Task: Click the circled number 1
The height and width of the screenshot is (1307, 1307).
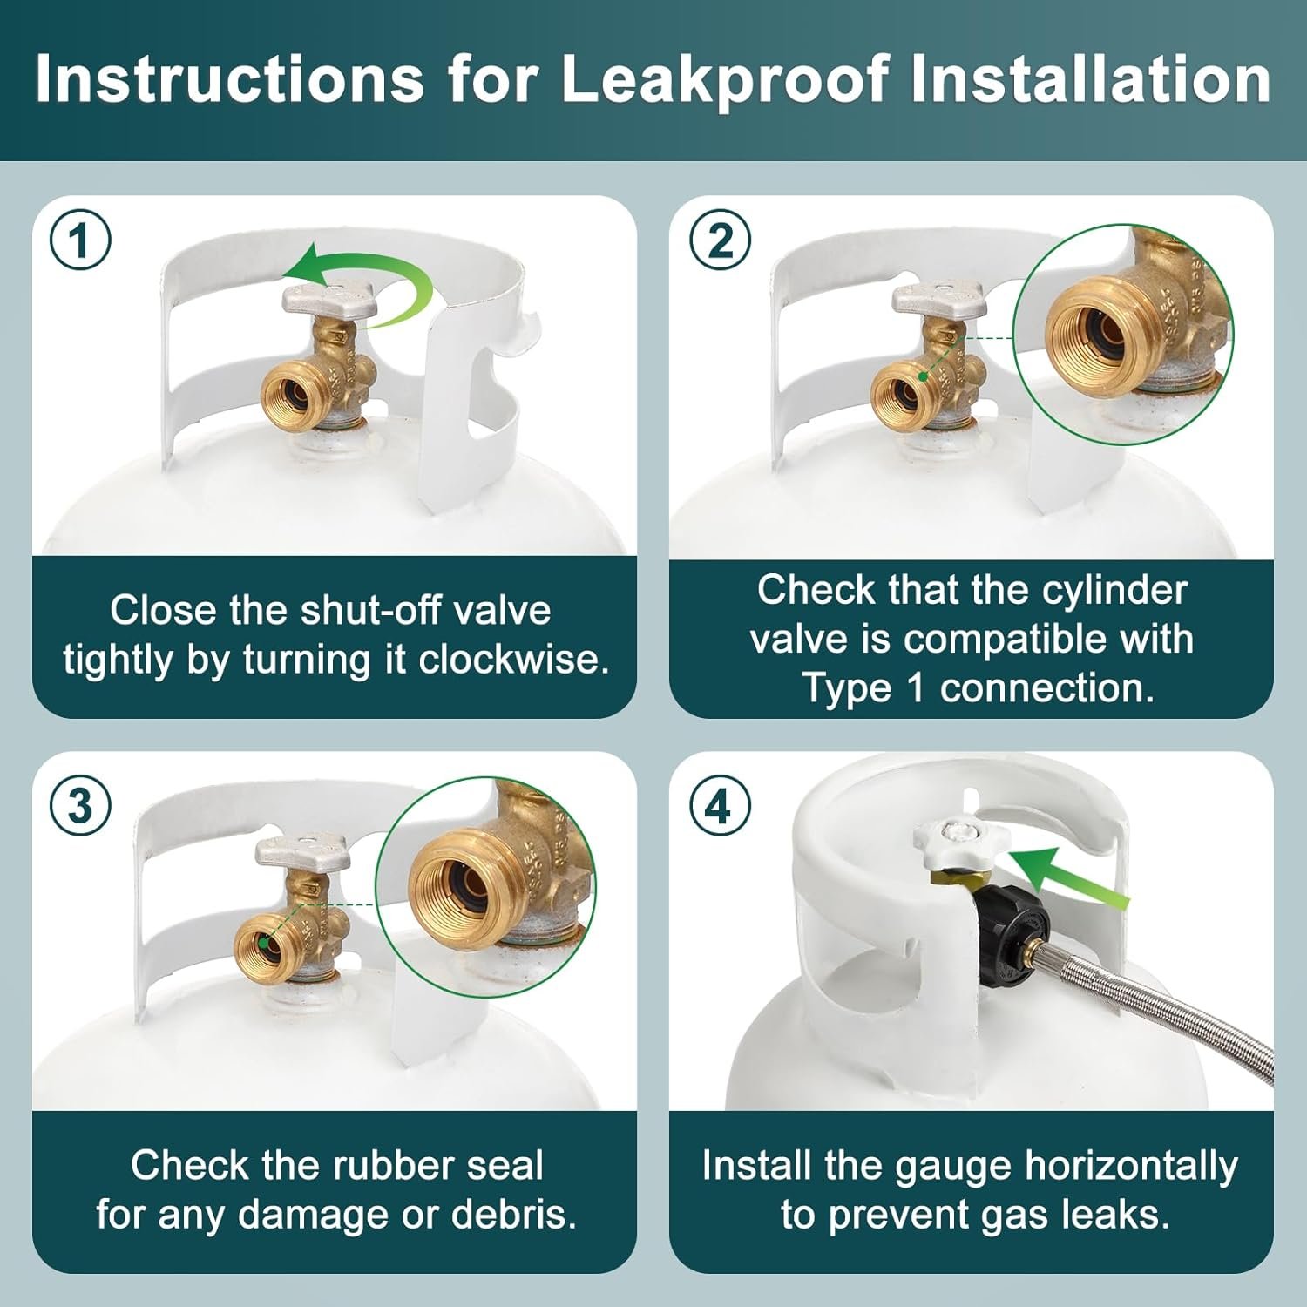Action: pos(80,240)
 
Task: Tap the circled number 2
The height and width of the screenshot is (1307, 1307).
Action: pos(720,240)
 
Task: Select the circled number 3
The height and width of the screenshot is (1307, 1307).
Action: pos(80,805)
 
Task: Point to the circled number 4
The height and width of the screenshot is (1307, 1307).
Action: pos(720,805)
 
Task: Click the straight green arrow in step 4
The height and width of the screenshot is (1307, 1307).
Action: pos(1070,878)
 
